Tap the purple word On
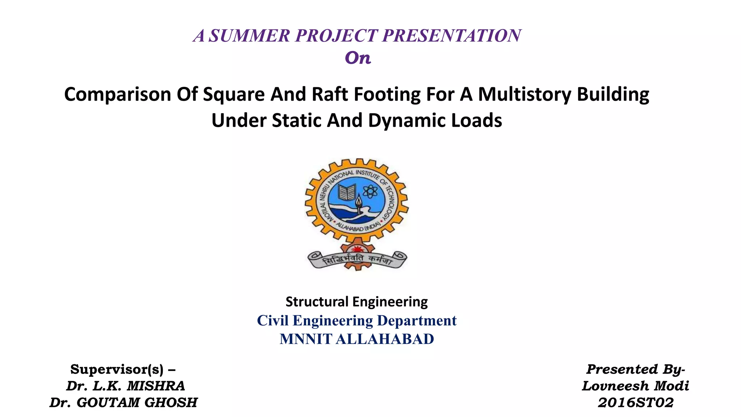coord(358,58)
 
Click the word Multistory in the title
coord(524,94)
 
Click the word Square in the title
coord(234,94)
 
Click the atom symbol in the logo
coord(369,191)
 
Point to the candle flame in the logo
coord(359,200)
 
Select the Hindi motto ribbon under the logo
coord(357,260)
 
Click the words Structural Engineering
coord(357,302)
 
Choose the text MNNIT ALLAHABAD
coord(357,339)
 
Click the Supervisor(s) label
coord(123,369)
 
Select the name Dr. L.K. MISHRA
coord(125,386)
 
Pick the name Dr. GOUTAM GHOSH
coord(123,403)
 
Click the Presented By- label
coord(635,369)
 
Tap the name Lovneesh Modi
coord(635,386)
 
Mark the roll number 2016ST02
coord(635,403)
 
